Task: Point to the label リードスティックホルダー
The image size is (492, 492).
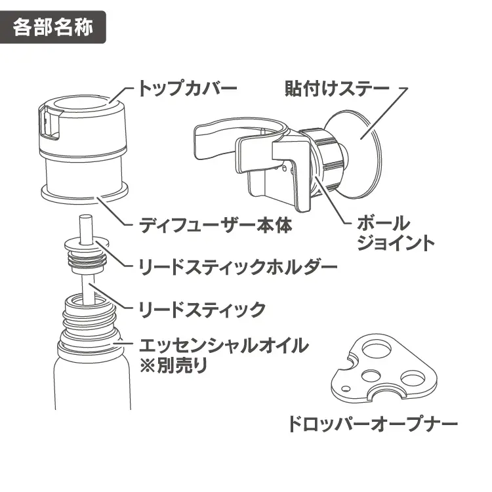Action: (x=239, y=266)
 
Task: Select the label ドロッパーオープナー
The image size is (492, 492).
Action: (x=373, y=423)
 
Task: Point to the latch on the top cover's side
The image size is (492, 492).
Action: (x=47, y=125)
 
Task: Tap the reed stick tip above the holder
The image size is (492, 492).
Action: (x=85, y=226)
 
